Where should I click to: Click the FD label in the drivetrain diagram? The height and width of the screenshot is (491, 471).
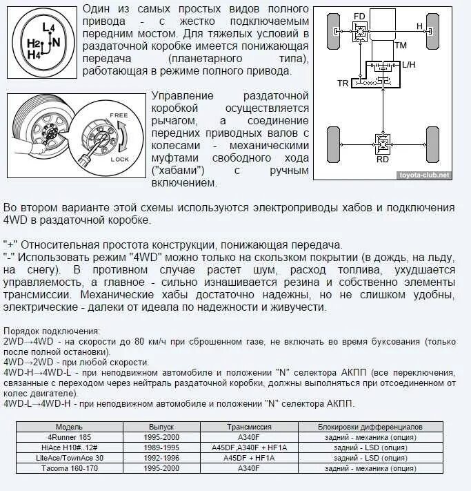point(359,16)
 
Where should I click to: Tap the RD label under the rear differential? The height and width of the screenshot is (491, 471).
point(382,159)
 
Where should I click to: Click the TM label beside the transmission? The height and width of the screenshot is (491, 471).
point(400,45)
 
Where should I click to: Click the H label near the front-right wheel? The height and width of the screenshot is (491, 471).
point(419,26)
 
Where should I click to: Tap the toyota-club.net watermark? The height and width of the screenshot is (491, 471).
point(425,175)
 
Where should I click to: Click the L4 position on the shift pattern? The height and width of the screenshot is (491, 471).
point(48,27)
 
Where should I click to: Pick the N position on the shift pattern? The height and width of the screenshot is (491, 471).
point(56,41)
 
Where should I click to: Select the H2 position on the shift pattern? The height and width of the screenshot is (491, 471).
point(33,44)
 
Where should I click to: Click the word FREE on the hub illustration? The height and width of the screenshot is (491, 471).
point(118,114)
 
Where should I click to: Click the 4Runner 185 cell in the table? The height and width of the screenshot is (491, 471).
point(69,437)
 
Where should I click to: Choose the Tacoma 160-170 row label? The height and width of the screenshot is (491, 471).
point(69,468)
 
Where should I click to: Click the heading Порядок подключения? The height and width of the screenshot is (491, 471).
point(51,331)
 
